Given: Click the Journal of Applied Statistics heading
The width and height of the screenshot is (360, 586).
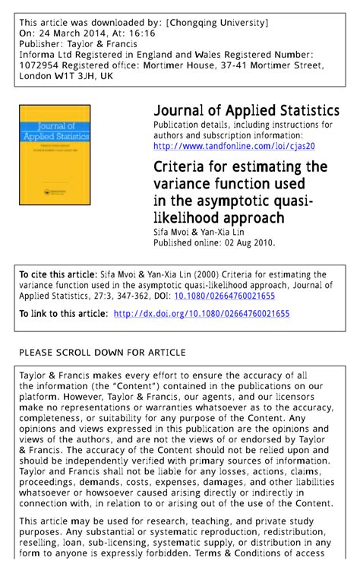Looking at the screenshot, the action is [246, 111].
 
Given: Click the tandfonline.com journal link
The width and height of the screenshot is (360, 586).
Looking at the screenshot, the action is [234, 146].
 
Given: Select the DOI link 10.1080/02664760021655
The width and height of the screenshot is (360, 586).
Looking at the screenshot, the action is [225, 296].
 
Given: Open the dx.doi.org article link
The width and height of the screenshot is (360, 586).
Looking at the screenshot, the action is [201, 314].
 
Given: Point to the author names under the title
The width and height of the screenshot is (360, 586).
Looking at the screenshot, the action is [197, 232].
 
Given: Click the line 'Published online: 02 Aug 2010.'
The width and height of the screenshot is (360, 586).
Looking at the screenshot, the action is [214, 243].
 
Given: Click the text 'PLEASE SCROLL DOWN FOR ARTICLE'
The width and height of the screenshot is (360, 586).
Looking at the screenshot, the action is [102, 353].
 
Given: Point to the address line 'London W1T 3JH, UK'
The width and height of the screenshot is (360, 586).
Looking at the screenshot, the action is [66, 77].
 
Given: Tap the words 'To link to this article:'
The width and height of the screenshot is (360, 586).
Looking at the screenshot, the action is [62, 314].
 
